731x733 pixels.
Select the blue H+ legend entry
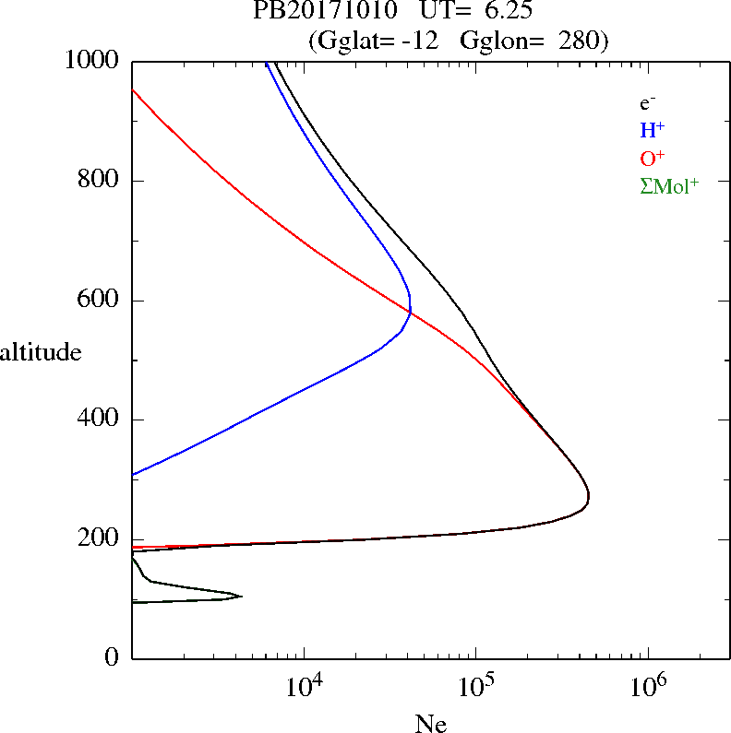tap(652, 131)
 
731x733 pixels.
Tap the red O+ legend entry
tap(652, 158)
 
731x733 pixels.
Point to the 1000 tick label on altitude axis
tap(93, 61)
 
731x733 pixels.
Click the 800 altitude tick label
tap(101, 181)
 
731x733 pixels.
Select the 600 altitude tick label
tap(101, 301)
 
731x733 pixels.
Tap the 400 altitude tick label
tap(101, 420)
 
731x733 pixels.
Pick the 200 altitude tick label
tap(101, 539)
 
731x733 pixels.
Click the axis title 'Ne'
tap(431, 724)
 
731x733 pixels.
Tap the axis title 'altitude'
tap(41, 351)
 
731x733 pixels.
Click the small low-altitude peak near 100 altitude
tap(241, 597)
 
